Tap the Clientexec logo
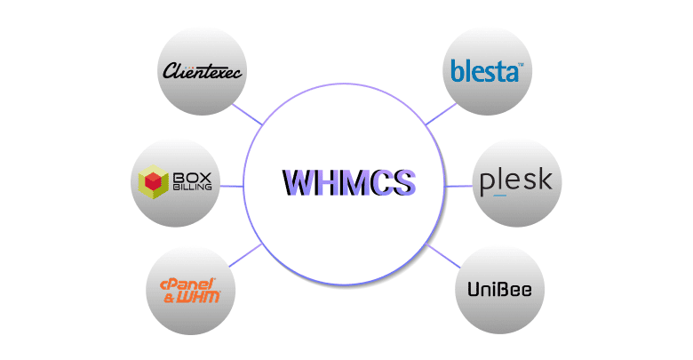202,71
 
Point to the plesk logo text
515,182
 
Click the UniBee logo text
499,291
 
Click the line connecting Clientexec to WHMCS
245,113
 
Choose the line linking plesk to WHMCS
458,187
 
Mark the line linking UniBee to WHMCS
442,256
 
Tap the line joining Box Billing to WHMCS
231,187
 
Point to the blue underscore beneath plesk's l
499,195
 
